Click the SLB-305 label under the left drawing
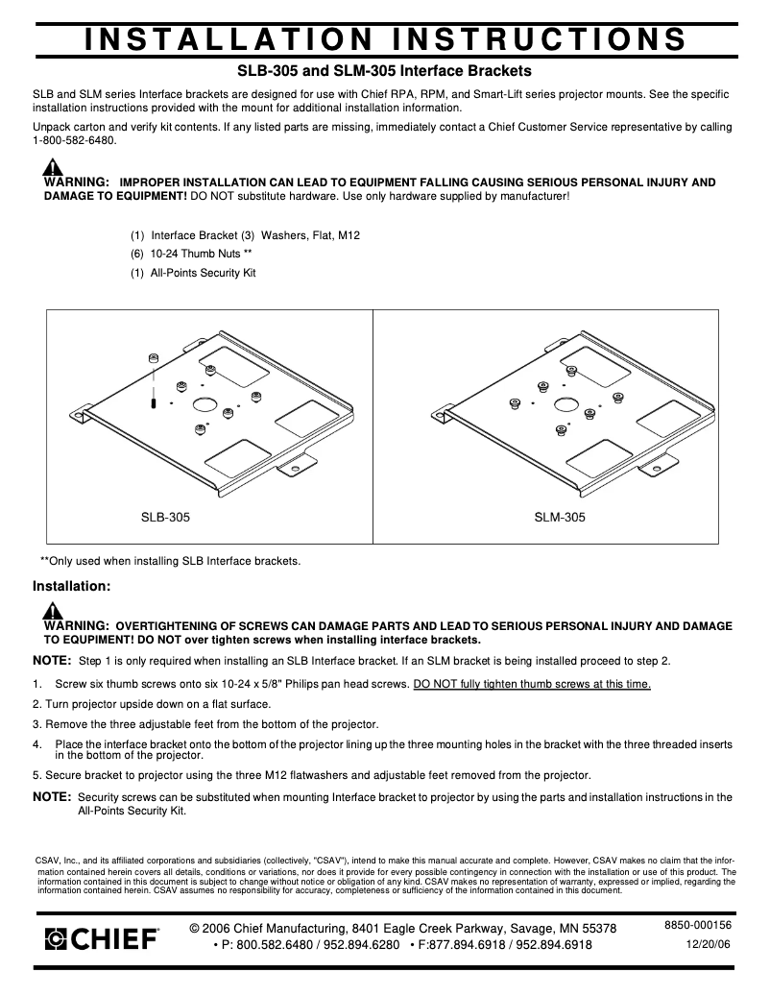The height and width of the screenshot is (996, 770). click(x=165, y=518)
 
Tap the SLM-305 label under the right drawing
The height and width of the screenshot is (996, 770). click(x=560, y=518)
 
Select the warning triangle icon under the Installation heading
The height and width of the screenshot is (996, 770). click(x=54, y=611)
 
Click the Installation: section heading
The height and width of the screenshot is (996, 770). click(x=73, y=585)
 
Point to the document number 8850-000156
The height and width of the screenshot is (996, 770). click(x=698, y=925)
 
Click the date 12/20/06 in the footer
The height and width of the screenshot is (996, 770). click(x=709, y=944)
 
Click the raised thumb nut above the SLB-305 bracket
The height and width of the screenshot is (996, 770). click(x=154, y=358)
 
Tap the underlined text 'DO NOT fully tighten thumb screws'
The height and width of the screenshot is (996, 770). click(x=532, y=684)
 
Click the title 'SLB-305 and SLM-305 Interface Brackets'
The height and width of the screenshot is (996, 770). click(x=384, y=71)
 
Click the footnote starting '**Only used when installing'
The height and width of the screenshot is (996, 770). click(x=170, y=561)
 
